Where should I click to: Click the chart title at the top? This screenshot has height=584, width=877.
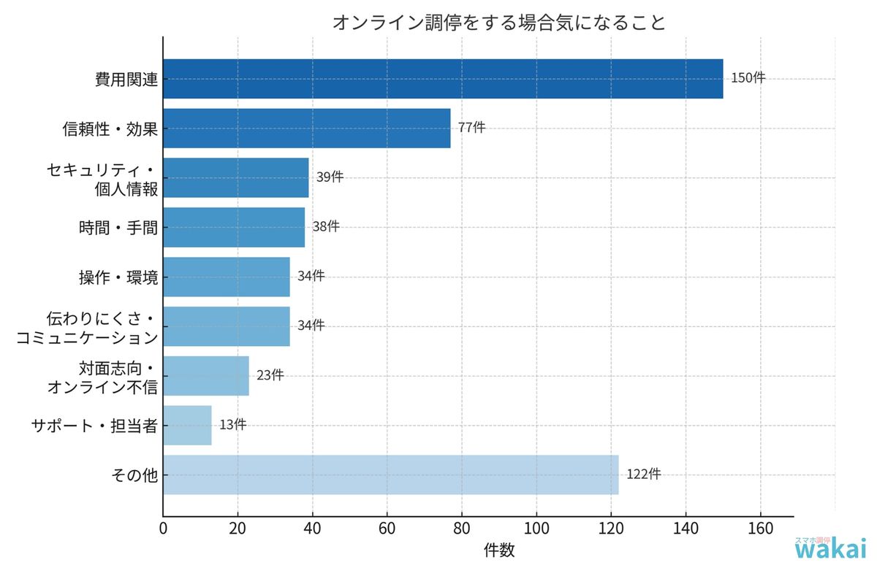(499, 23)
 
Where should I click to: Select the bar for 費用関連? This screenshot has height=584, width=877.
(443, 79)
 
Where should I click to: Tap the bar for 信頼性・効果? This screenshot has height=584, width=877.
(307, 128)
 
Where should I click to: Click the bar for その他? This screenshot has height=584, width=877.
(391, 474)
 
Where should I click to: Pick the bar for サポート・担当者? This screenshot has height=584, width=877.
(187, 426)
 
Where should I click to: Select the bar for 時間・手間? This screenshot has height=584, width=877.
(234, 227)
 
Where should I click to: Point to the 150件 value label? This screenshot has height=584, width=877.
(748, 78)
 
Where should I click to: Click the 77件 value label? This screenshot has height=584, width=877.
(471, 127)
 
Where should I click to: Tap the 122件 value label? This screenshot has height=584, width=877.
(644, 474)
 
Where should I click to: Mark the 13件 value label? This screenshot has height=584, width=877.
(232, 425)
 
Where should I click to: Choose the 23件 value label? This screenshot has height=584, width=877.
(270, 375)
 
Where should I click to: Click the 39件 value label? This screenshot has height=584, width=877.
(330, 177)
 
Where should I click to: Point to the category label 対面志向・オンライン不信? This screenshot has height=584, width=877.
(102, 377)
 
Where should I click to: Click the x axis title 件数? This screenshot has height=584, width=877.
(499, 551)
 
